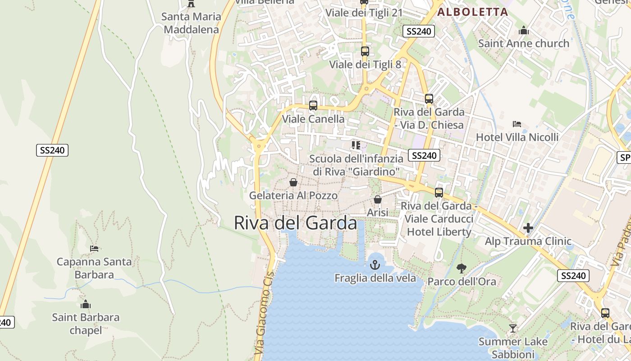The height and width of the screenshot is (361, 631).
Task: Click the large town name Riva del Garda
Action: [x=295, y=223]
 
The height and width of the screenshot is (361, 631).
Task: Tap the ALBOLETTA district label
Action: [x=473, y=12]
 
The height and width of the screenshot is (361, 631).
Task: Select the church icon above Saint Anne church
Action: [x=524, y=31]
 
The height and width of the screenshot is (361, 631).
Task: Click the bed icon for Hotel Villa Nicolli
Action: [x=517, y=124]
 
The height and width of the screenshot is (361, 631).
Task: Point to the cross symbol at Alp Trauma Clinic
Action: [x=528, y=228]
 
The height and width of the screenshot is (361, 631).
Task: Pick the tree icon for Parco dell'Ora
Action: [x=461, y=268]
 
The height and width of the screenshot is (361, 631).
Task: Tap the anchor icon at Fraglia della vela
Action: [x=375, y=265]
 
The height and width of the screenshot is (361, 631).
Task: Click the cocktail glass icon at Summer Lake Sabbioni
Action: [x=512, y=328]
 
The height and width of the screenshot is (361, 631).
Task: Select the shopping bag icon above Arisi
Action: [x=378, y=199]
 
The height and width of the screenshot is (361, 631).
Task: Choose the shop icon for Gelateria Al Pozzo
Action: [x=293, y=182]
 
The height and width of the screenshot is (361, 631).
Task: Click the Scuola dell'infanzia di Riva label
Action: [x=356, y=165]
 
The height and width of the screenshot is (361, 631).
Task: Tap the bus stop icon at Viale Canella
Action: [x=313, y=106]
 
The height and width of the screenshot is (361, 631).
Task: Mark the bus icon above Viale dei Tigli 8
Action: [x=365, y=51]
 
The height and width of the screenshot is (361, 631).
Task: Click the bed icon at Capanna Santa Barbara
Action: [x=94, y=248]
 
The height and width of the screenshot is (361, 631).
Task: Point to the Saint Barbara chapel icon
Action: [x=86, y=305]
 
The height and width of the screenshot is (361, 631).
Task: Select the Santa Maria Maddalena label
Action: [x=192, y=23]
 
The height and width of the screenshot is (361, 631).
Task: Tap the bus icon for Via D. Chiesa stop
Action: [x=429, y=99]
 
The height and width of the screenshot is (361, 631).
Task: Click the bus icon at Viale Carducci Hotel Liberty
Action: [x=439, y=193]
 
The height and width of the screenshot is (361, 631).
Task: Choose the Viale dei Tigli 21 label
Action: [x=364, y=13]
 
